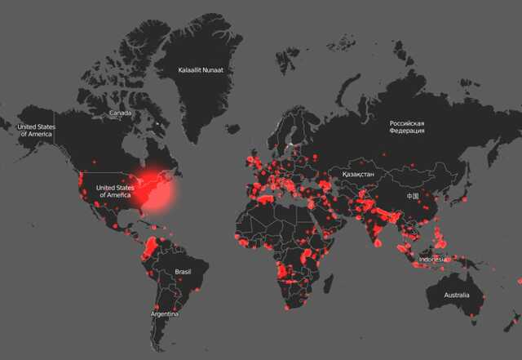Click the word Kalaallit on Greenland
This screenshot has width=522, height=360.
pyautogui.click(x=191, y=70)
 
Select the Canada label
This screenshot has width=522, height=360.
pyautogui.click(x=121, y=113)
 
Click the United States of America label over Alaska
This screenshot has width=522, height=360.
pyautogui.click(x=37, y=130)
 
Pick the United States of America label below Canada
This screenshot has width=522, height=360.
pyautogui.click(x=114, y=192)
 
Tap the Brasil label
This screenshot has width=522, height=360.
pyautogui.click(x=184, y=272)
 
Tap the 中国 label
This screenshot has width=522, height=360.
pyautogui.click(x=414, y=197)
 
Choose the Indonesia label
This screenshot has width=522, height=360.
pyautogui.click(x=432, y=260)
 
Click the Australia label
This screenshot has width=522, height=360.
pyautogui.click(x=457, y=295)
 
